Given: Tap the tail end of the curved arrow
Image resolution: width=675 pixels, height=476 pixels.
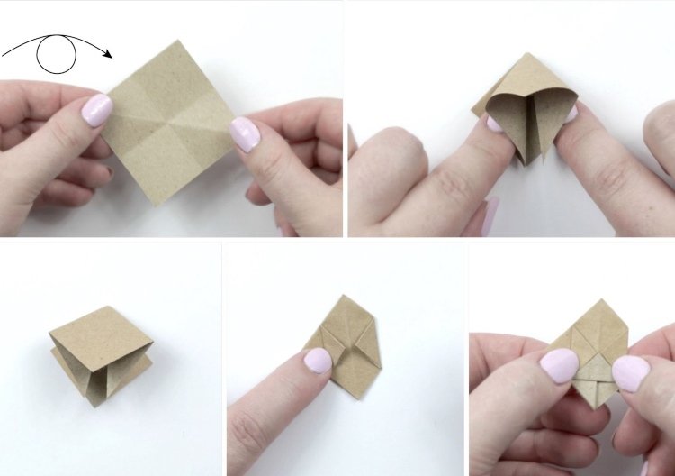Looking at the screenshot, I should (4, 56).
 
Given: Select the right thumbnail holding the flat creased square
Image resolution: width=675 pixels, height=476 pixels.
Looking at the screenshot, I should (243, 133).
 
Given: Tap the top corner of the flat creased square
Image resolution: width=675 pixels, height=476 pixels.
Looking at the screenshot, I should (179, 41).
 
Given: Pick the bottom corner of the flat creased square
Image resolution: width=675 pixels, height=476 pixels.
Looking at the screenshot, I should (159, 205).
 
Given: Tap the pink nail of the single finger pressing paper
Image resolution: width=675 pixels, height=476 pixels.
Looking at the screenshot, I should (317, 362).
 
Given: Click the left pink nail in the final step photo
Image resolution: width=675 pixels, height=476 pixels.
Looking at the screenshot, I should (559, 365).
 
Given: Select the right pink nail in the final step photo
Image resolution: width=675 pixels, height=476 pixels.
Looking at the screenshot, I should (630, 371).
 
